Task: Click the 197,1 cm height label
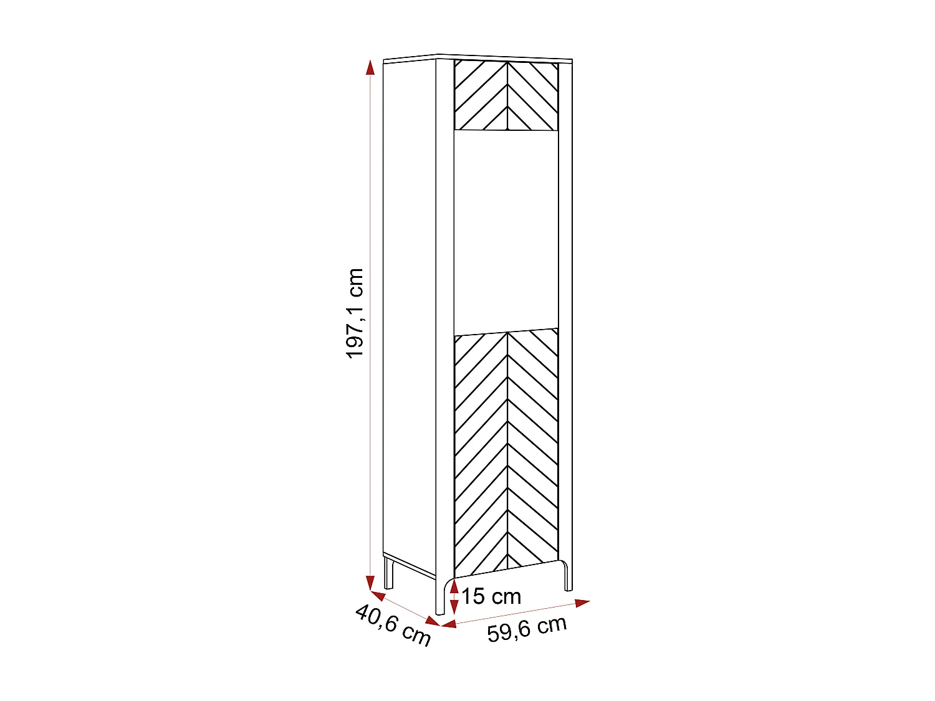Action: (x=355, y=313)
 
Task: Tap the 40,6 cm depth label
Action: (x=393, y=625)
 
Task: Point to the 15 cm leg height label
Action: (x=491, y=596)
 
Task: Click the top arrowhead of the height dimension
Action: (x=370, y=67)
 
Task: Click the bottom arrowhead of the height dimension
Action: (x=370, y=583)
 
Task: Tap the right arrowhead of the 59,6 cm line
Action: (x=582, y=603)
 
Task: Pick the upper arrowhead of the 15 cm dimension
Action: (x=454, y=586)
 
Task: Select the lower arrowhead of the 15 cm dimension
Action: (x=454, y=608)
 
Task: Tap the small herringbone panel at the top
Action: (x=506, y=96)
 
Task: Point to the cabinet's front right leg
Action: (x=567, y=576)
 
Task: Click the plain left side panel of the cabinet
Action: (x=409, y=312)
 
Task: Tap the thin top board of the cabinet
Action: (x=477, y=58)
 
